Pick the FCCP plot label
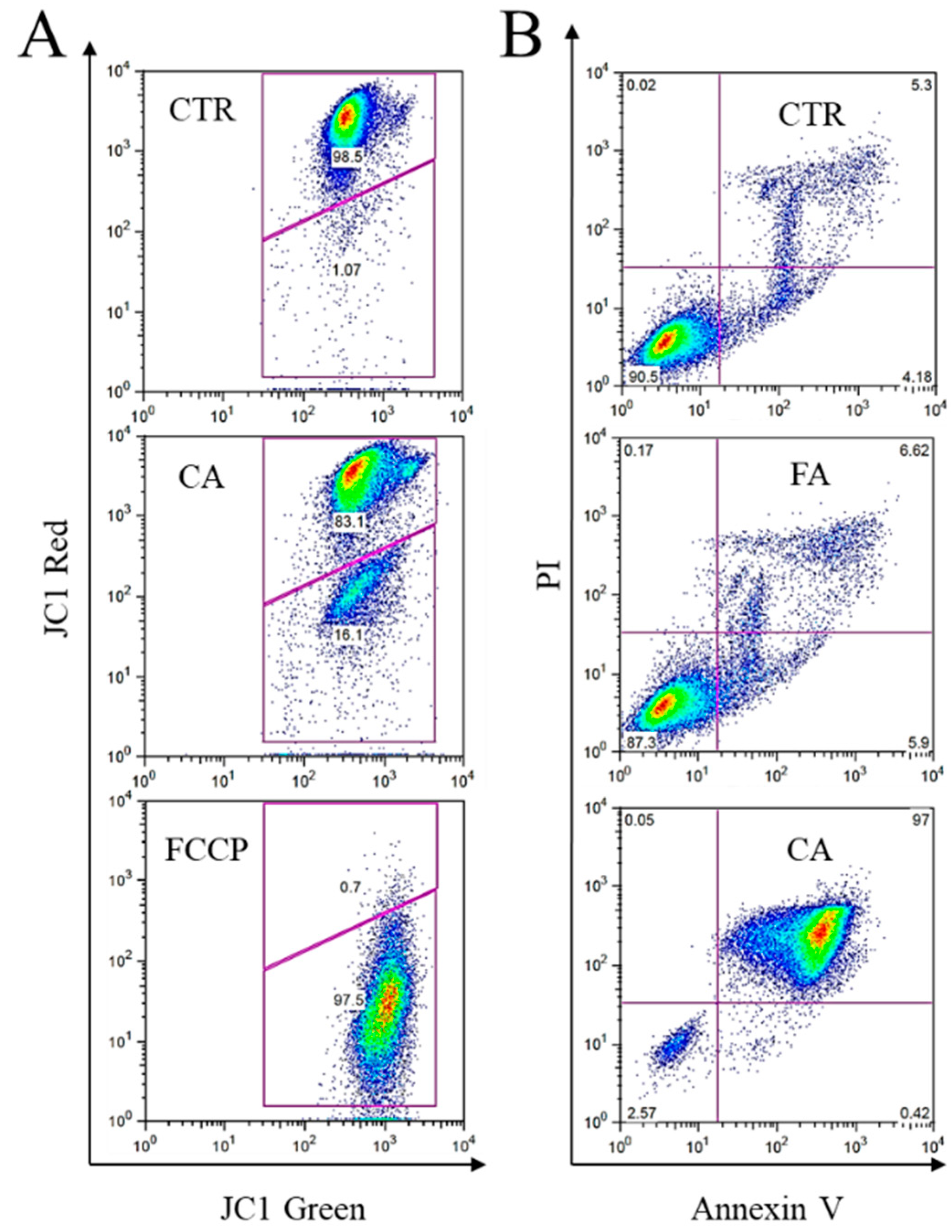[x=207, y=851]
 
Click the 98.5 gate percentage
[x=346, y=157]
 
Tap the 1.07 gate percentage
[x=346, y=270]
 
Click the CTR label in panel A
[x=201, y=111]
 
